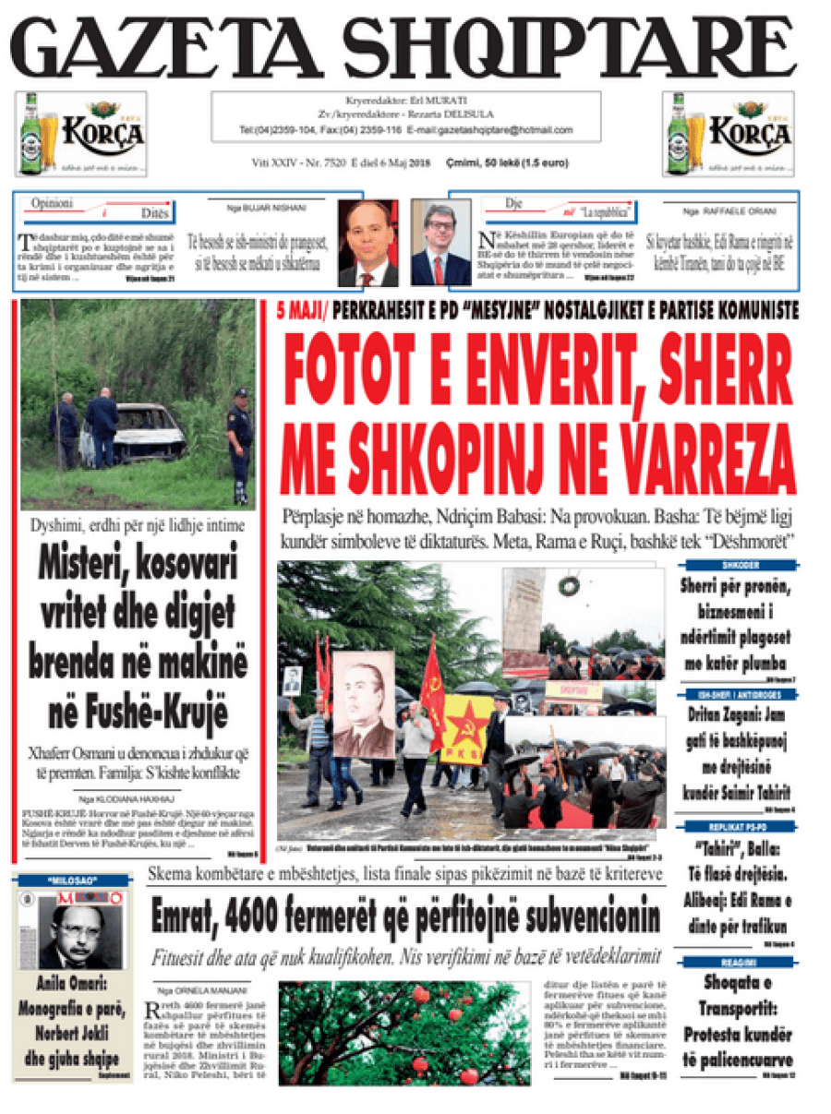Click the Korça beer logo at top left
pos(81,134)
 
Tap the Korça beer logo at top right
pos(729,134)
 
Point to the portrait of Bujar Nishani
pos(367,243)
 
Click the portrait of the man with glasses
pos(440,243)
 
